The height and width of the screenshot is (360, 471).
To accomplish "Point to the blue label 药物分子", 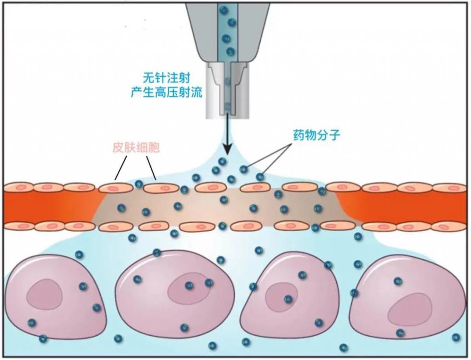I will pos(316,136).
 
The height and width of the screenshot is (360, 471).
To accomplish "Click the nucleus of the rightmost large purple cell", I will pos(409,309).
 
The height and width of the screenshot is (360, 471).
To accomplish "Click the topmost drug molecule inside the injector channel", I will pos(224,9).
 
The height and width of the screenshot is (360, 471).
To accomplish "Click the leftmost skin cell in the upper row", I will pos(17,187).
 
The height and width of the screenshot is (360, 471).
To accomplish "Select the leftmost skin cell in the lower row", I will pos(17,226).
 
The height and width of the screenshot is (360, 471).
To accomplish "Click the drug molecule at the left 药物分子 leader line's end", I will pos(243,169).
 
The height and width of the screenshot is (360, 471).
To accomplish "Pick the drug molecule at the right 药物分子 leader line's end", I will pos(260,177).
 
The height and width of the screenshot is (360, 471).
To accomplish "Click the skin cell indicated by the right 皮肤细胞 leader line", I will pos(161,188).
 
